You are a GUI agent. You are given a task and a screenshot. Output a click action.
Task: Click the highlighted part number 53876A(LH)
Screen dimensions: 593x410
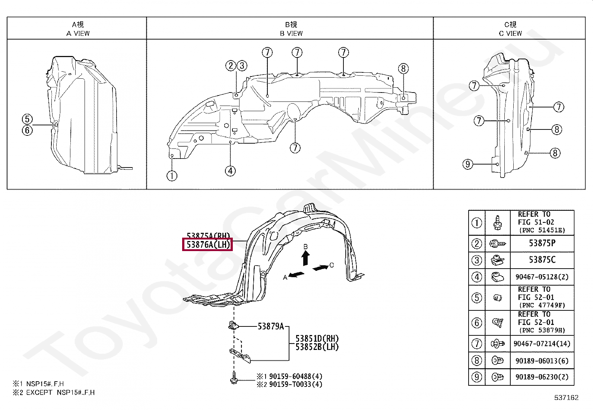(x=207, y=245)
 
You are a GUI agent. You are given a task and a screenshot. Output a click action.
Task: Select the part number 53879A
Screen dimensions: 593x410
(x=270, y=326)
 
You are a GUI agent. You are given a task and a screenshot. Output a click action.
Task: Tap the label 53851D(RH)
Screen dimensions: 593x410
(x=317, y=339)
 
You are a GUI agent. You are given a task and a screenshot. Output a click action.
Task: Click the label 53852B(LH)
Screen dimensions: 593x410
(x=317, y=347)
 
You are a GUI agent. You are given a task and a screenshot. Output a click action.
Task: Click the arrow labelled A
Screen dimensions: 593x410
(x=296, y=275)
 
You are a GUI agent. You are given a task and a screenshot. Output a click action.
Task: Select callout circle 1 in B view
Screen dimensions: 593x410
(x=172, y=176)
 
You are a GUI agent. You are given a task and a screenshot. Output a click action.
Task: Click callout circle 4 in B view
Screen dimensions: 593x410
(x=230, y=171)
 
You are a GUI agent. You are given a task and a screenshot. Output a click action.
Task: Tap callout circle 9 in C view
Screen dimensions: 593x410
(x=467, y=164)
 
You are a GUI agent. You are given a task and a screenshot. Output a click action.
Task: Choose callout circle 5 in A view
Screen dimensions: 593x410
(x=27, y=119)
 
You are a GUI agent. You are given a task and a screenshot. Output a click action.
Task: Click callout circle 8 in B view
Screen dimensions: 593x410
(x=403, y=69)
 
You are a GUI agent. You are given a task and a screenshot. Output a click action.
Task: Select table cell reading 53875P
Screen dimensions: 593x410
(x=542, y=243)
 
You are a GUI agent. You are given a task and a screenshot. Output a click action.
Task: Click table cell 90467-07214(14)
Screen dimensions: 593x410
(x=542, y=344)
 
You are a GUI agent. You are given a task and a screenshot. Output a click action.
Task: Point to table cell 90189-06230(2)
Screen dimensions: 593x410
(x=542, y=377)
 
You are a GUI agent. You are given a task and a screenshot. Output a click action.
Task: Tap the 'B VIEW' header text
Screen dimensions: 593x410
(x=291, y=33)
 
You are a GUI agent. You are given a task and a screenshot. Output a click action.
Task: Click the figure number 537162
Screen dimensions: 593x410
(x=566, y=397)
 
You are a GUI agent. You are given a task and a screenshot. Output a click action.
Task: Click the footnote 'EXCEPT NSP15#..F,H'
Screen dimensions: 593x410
(x=60, y=392)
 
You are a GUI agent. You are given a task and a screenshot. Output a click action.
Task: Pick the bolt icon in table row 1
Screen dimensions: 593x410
(x=498, y=223)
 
